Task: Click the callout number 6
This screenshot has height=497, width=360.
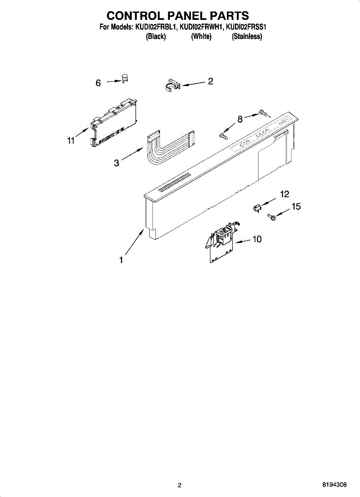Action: [98, 83]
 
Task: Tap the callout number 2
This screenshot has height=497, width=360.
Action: [210, 81]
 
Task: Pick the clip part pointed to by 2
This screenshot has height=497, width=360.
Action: [171, 85]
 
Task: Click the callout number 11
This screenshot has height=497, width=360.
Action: [71, 141]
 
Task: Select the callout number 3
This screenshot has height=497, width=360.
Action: [117, 163]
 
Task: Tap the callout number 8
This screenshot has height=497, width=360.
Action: [240, 119]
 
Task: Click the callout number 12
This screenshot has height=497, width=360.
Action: [285, 194]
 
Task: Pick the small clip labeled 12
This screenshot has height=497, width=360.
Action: [257, 207]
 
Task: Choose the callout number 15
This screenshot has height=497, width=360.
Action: [296, 207]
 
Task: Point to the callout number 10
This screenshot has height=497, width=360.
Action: [257, 239]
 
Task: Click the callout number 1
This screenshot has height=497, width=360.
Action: [121, 260]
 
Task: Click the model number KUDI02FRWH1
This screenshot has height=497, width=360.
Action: [202, 28]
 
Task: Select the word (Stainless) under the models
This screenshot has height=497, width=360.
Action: [247, 36]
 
